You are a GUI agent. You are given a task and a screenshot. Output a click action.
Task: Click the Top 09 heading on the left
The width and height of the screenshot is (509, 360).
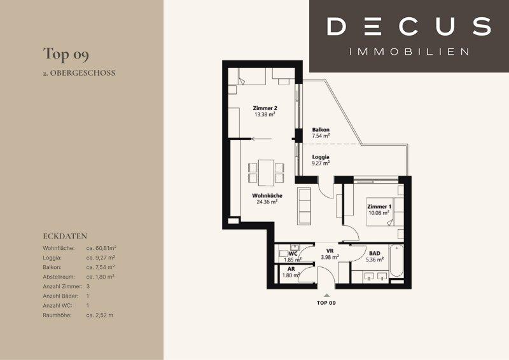click(x=66, y=55)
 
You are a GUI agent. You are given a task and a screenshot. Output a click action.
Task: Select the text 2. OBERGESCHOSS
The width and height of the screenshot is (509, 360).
click(x=79, y=73)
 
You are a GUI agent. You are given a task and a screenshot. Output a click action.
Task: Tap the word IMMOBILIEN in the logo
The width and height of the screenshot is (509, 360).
click(x=409, y=52)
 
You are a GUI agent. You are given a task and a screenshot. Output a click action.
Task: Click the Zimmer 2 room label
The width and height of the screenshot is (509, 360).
click(x=265, y=108)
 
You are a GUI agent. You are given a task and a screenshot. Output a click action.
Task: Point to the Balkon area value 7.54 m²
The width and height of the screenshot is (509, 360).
click(x=321, y=136)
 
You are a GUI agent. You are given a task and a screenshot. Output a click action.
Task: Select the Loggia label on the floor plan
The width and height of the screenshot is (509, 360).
click(x=321, y=157)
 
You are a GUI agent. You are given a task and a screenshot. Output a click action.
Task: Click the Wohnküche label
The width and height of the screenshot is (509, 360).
click(x=267, y=196)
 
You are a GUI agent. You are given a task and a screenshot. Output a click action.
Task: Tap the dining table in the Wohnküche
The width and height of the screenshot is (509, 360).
click(x=266, y=172)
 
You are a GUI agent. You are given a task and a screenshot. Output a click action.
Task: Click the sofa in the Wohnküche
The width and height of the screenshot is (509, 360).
click(x=304, y=206)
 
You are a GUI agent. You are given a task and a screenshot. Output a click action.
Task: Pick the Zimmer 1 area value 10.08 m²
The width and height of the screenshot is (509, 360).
click(x=379, y=213)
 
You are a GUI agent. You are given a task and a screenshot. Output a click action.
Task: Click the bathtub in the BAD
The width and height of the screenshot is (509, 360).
click(x=396, y=261)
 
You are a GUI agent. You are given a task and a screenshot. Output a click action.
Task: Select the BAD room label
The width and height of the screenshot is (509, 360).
click(x=375, y=254)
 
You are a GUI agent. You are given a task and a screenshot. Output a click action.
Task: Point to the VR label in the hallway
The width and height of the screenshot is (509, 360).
click(x=330, y=251)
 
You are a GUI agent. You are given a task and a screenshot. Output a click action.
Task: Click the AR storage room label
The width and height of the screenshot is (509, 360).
click(x=291, y=269)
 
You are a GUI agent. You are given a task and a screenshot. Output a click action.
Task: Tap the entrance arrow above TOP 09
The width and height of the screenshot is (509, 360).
click(x=326, y=295)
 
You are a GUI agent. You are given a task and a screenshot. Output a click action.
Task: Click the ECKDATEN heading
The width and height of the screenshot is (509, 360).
click(x=65, y=237)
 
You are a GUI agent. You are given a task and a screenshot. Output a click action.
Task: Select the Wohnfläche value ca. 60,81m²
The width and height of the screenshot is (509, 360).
click(x=101, y=248)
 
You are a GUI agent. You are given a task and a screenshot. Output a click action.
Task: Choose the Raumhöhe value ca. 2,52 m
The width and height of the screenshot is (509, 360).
click(x=100, y=315)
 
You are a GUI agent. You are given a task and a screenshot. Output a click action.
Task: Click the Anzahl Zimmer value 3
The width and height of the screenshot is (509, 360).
click(x=88, y=287)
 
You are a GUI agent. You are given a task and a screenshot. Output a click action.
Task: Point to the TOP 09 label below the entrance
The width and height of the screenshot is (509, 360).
click(x=326, y=303)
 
